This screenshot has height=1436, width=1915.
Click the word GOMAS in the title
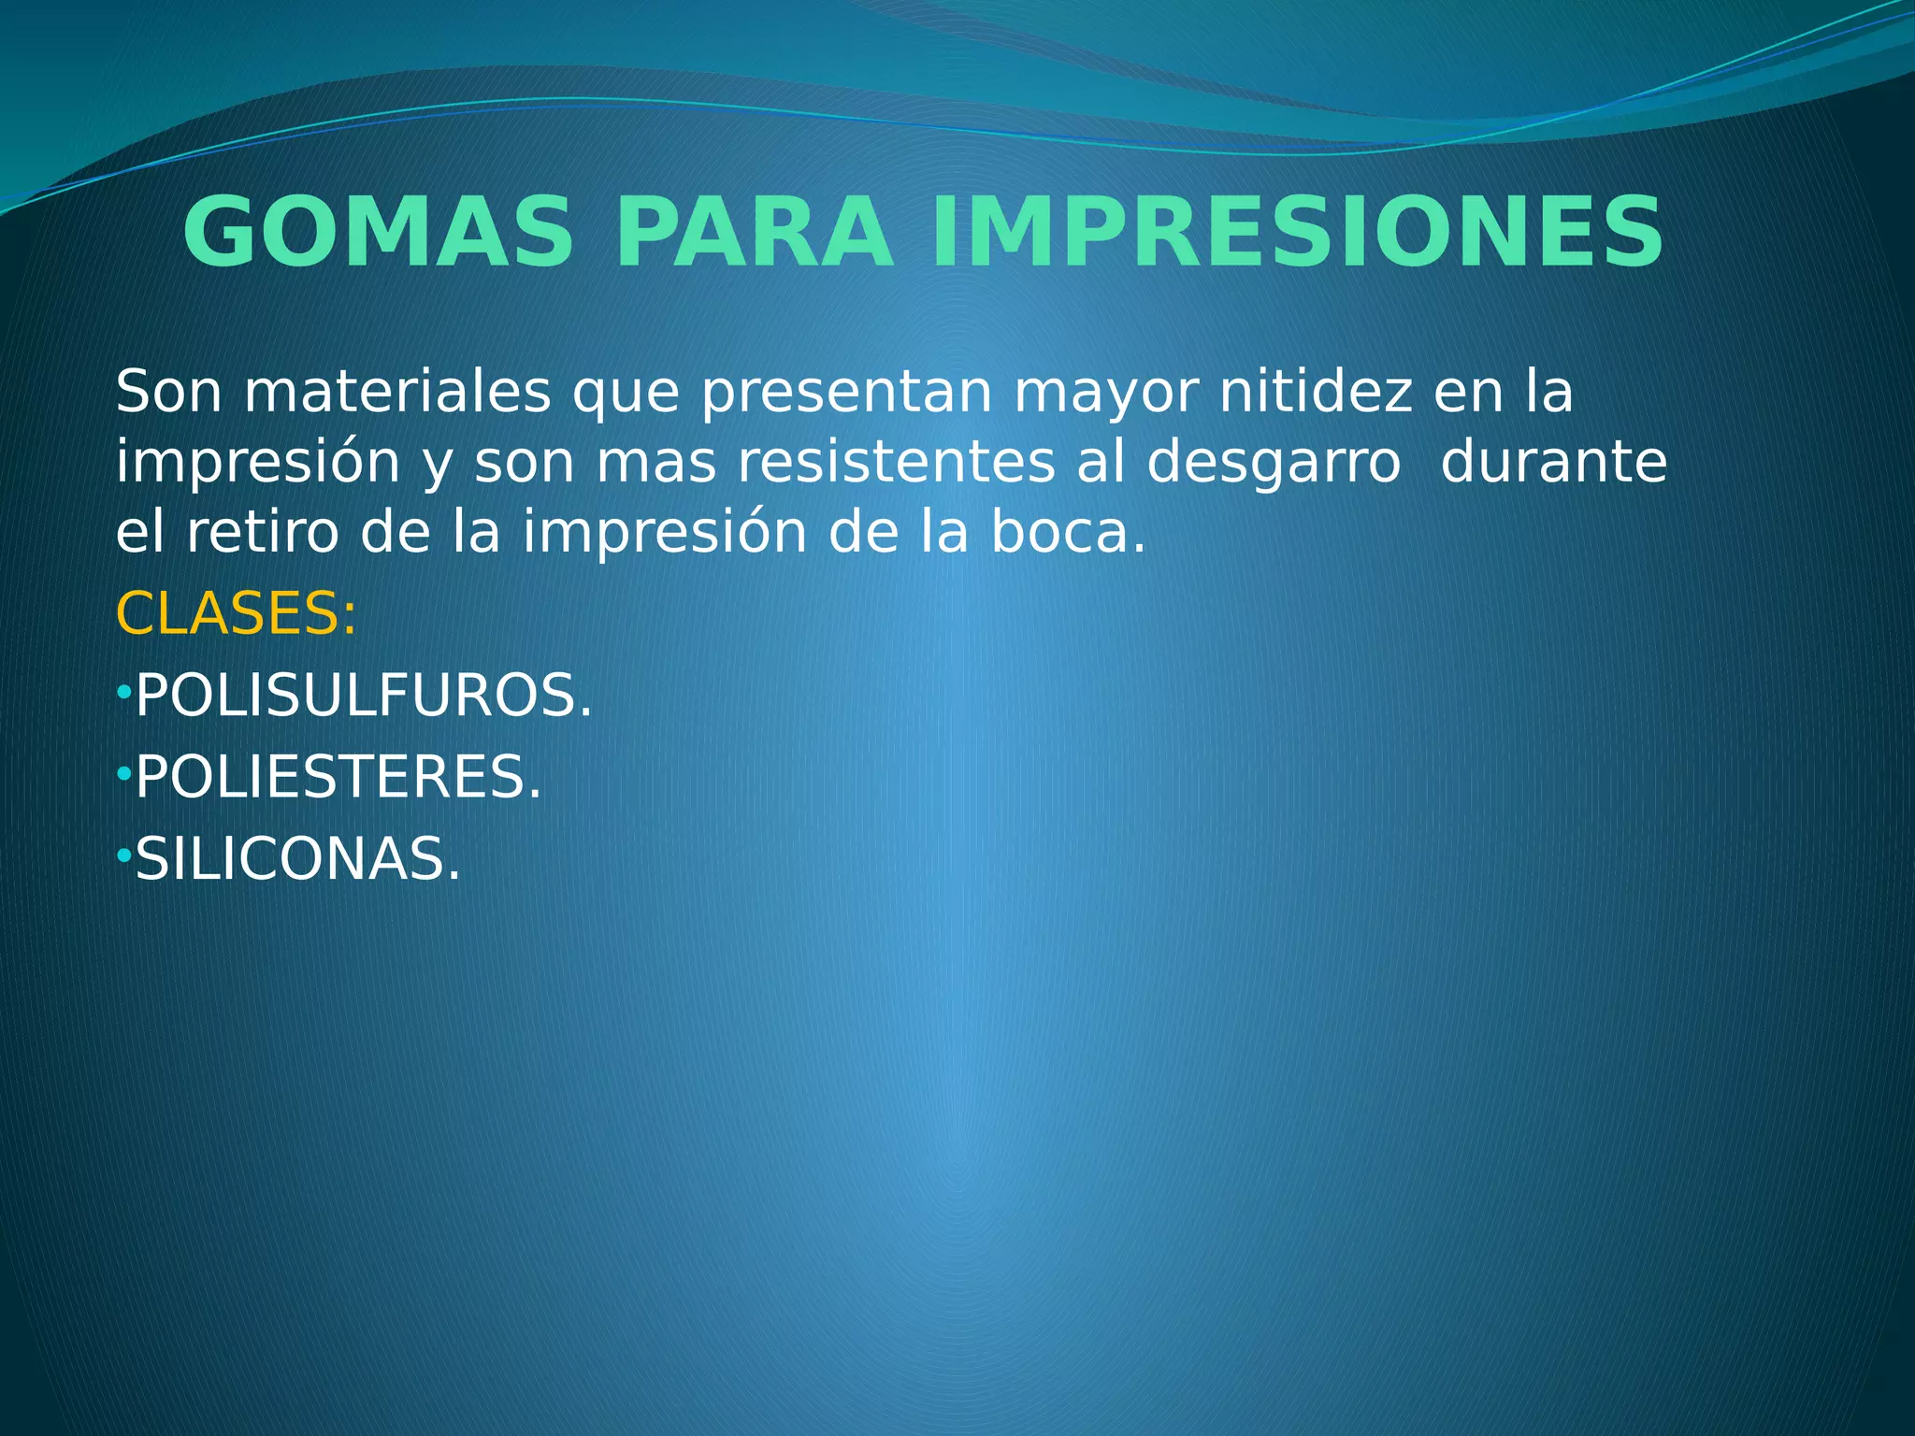(378, 233)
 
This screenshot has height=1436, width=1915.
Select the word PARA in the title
(753, 233)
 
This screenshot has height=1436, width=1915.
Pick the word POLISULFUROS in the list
(364, 696)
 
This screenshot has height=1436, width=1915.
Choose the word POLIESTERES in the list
(338, 778)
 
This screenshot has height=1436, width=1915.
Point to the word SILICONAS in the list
(298, 860)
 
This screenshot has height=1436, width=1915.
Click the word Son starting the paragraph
(168, 392)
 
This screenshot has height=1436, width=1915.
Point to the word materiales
(397, 392)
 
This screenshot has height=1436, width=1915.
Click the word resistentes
(896, 463)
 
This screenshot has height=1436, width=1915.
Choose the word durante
(1553, 463)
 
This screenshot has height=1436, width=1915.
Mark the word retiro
(262, 533)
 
